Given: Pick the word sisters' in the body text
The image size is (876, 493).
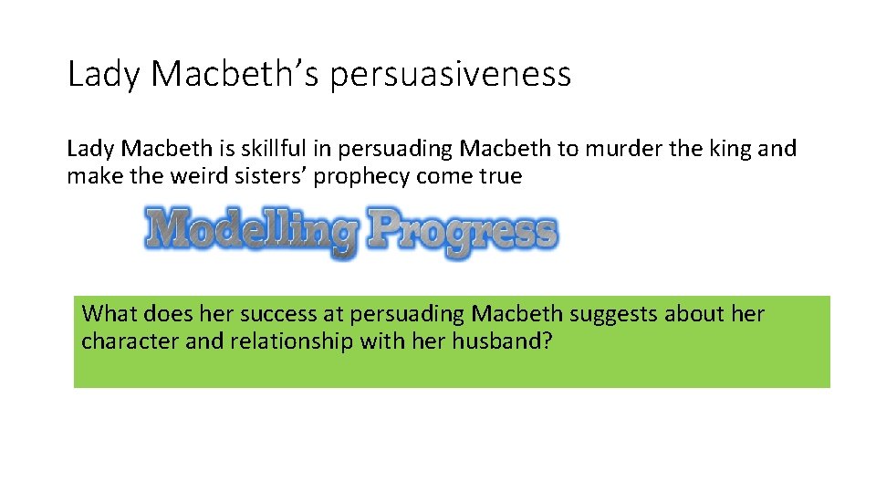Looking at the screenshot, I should click(265, 176).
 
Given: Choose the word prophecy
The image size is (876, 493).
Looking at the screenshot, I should click(361, 176).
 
